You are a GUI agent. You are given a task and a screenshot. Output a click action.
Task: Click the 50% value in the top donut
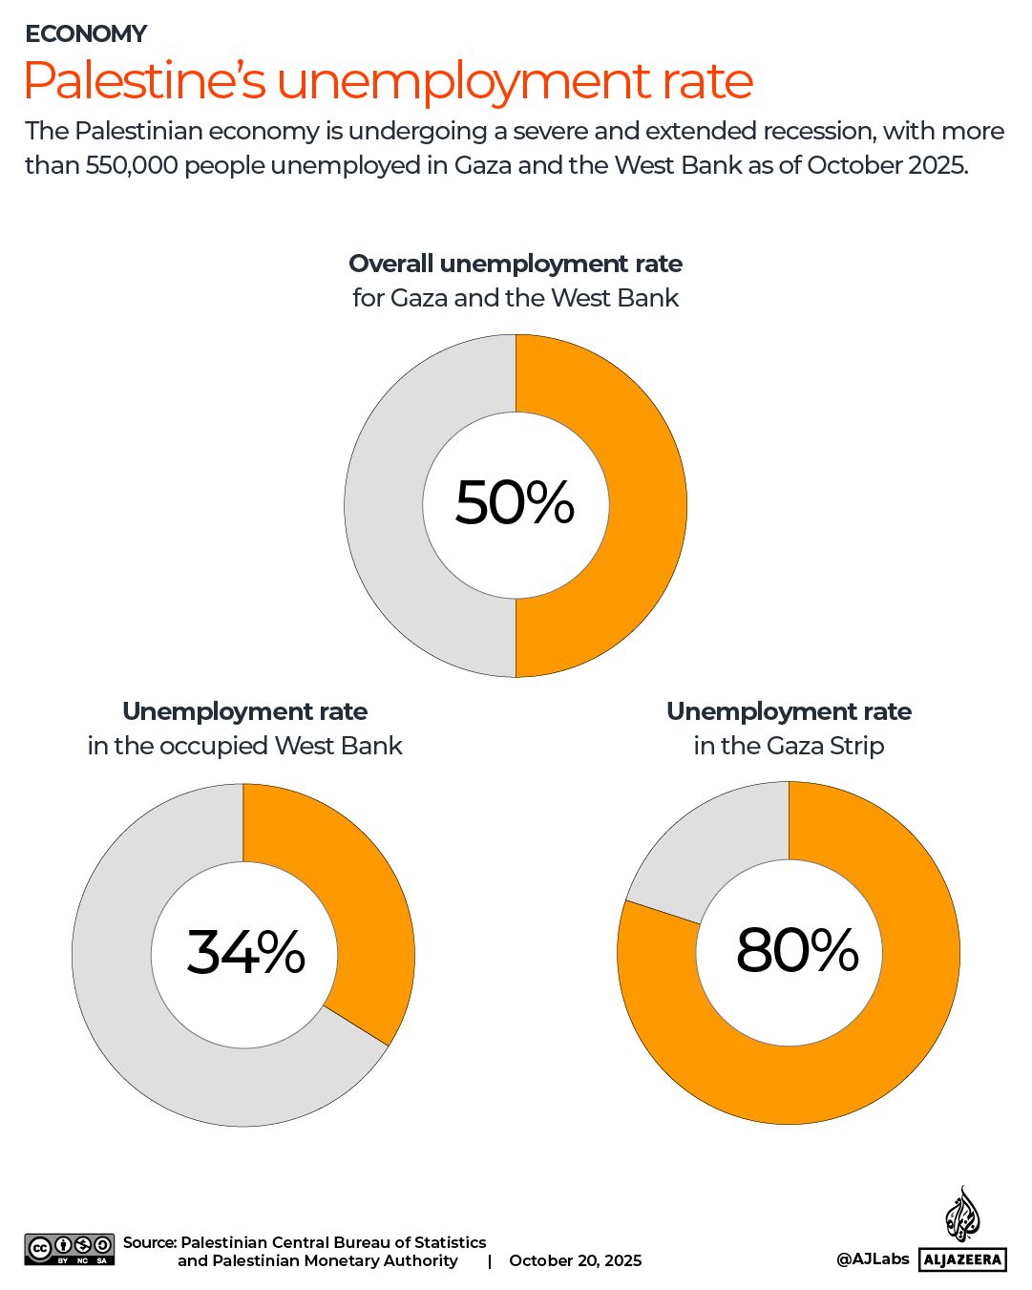click(x=515, y=502)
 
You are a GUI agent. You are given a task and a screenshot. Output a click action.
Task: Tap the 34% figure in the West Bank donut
click(x=245, y=952)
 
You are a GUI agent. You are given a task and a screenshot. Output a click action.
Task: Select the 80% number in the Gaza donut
click(x=797, y=950)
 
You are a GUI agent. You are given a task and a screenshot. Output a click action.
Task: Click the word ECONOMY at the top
click(x=86, y=34)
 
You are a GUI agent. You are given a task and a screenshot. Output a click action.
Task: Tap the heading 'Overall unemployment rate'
click(x=516, y=264)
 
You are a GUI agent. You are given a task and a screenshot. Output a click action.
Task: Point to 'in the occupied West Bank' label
click(x=244, y=746)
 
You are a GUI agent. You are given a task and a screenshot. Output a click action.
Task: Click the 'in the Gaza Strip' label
click(x=789, y=746)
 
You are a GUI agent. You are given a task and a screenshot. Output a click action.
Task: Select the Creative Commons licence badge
click(x=70, y=1249)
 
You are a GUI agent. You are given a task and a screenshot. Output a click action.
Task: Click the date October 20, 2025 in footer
click(x=575, y=1260)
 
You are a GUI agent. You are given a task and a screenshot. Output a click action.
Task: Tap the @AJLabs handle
click(x=873, y=1258)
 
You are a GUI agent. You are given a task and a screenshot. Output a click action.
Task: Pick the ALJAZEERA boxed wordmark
click(x=962, y=1259)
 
